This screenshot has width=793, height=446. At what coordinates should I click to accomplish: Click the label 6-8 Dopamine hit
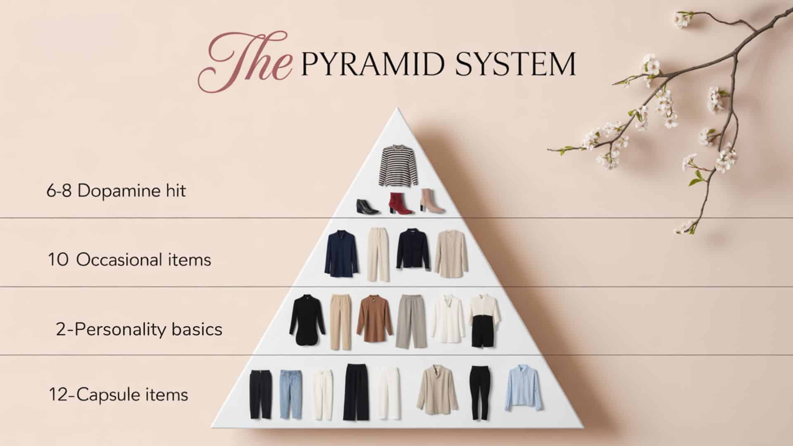pos(116,191)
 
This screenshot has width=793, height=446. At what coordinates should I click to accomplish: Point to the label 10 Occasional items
pos(129,260)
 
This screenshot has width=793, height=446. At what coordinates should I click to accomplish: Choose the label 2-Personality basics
pos(139,330)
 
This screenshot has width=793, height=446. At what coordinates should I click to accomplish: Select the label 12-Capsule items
pos(119,394)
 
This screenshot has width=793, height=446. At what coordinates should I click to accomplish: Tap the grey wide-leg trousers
pos(408,320)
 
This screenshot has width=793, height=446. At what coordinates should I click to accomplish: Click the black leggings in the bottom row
pos(480,392)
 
